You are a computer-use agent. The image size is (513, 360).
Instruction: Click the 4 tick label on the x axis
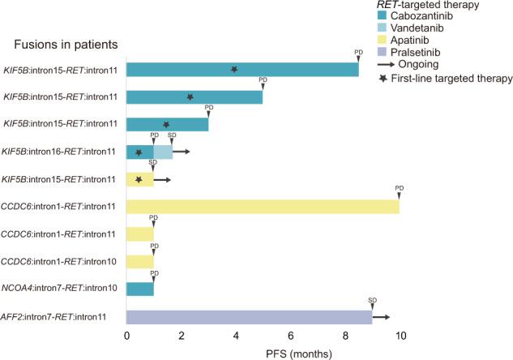click(x=236, y=333)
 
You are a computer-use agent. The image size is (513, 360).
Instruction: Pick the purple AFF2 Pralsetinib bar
click(x=249, y=317)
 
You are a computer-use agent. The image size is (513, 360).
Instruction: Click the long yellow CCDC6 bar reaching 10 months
click(x=263, y=207)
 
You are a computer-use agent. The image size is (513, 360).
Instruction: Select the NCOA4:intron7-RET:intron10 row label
click(x=62, y=289)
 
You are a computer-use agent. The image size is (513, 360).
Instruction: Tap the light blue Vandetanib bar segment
click(x=163, y=152)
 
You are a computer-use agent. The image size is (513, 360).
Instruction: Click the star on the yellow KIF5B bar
click(x=139, y=179)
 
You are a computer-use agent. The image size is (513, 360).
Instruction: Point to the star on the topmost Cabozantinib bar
click(x=234, y=70)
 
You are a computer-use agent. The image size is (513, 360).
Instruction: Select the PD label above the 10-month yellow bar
click(x=400, y=188)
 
